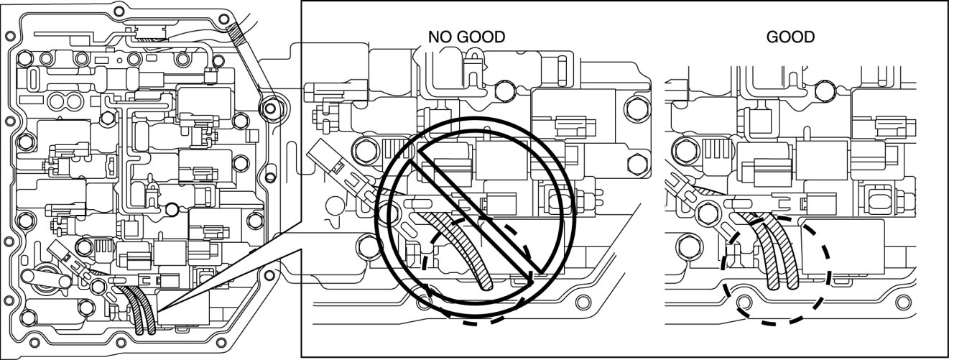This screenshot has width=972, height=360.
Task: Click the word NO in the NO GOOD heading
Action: [x=440, y=37]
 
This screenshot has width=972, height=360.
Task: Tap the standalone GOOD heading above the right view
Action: [x=790, y=37]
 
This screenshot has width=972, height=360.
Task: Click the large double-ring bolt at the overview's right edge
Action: [x=270, y=109]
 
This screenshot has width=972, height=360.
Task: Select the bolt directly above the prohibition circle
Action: [x=506, y=91]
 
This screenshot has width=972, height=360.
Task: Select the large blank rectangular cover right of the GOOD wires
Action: [x=841, y=248]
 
